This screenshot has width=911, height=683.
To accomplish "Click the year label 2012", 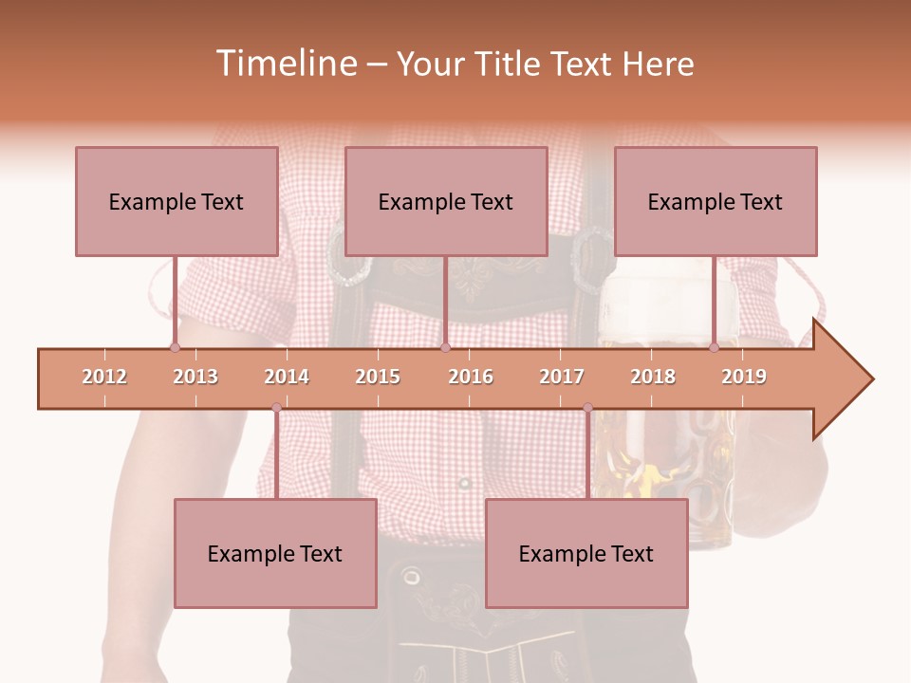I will pyautogui.click(x=104, y=377).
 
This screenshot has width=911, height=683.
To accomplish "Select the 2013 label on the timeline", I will pyautogui.click(x=195, y=377).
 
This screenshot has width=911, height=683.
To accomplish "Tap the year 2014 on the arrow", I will pyautogui.click(x=287, y=377).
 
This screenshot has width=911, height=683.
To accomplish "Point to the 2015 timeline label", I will pyautogui.click(x=378, y=377).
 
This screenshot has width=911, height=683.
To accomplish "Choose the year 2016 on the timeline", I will pyautogui.click(x=471, y=377).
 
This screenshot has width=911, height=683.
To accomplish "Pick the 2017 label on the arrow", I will pyautogui.click(x=562, y=377).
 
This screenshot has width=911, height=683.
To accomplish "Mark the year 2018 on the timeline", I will pyautogui.click(x=653, y=377).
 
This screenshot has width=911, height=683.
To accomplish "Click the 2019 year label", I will pyautogui.click(x=744, y=377).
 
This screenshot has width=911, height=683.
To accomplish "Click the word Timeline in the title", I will pyautogui.click(x=284, y=64).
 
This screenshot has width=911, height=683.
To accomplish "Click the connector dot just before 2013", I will pyautogui.click(x=175, y=348).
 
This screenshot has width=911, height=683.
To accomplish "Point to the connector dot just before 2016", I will pyautogui.click(x=445, y=348).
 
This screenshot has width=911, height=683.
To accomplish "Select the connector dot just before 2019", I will pyautogui.click(x=714, y=348).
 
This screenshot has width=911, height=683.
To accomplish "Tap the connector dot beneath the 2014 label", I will pyautogui.click(x=276, y=408).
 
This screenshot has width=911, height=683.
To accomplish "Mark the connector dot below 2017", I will pyautogui.click(x=587, y=408).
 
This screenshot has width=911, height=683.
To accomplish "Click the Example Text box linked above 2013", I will pyautogui.click(x=177, y=201).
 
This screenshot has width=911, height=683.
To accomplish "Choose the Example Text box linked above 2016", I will pyautogui.click(x=446, y=201).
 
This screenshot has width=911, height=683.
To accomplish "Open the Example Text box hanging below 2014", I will pyautogui.click(x=275, y=553).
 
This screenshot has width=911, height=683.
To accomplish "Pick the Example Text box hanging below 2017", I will pyautogui.click(x=586, y=553).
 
